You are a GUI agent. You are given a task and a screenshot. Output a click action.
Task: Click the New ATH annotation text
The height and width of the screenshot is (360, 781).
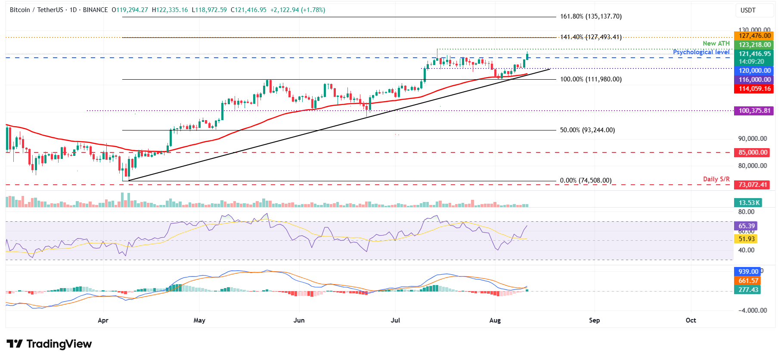click(x=716, y=43)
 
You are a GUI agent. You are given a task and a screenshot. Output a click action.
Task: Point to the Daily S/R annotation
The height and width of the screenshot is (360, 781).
click(x=716, y=179)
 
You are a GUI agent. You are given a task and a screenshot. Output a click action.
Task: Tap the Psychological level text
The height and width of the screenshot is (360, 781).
click(x=701, y=52)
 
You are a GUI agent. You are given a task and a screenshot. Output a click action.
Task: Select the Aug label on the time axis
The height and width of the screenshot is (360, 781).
click(x=495, y=320)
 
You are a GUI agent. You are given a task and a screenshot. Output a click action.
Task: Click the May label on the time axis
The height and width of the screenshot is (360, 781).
click(x=199, y=320)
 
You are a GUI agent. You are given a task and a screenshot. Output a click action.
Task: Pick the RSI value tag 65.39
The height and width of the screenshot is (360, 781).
click(x=746, y=226)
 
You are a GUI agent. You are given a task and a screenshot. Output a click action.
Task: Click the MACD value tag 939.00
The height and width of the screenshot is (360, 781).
click(x=748, y=272)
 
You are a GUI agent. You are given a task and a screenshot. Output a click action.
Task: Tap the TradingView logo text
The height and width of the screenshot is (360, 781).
click(x=50, y=344)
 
